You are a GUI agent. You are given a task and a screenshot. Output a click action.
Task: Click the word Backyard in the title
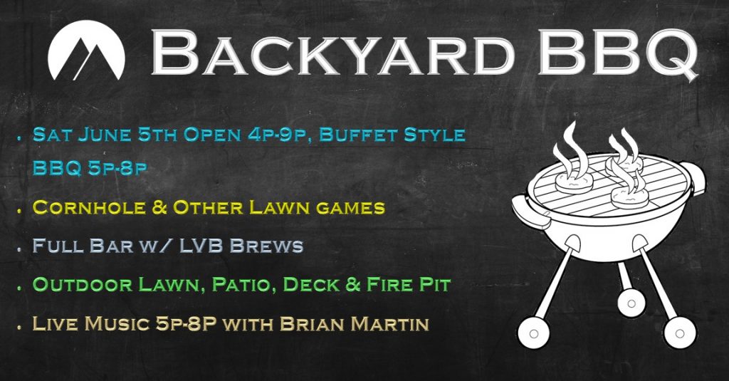(x=333, y=53)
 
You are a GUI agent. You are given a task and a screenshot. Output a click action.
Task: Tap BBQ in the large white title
(x=619, y=54)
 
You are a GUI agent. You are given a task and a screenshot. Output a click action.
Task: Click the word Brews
(x=267, y=246)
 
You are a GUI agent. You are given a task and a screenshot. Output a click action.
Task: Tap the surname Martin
(x=389, y=324)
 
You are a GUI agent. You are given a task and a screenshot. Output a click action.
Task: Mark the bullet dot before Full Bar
(x=19, y=249)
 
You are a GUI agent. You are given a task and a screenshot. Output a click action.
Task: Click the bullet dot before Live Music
(x=19, y=328)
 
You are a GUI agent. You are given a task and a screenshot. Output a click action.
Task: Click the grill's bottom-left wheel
(x=534, y=333)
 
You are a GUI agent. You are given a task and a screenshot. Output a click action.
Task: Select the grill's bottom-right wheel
(x=680, y=333)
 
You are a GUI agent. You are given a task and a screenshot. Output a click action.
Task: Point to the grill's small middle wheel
(x=631, y=303)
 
